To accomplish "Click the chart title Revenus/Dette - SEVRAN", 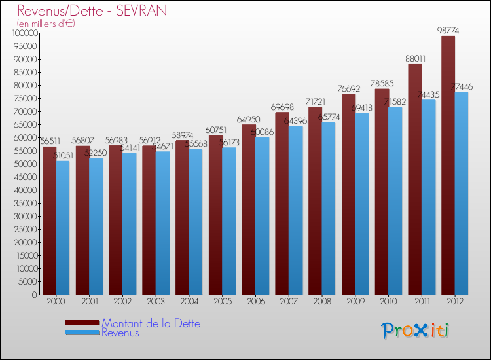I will (92, 10).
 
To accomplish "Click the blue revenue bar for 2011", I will (429, 196).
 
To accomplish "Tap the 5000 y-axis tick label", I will (29, 281).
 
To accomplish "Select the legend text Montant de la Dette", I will (151, 323).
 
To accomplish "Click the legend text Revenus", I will (120, 333).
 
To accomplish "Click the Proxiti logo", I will (416, 331).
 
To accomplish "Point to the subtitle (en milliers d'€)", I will (46, 24).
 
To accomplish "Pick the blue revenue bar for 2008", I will (329, 209).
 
